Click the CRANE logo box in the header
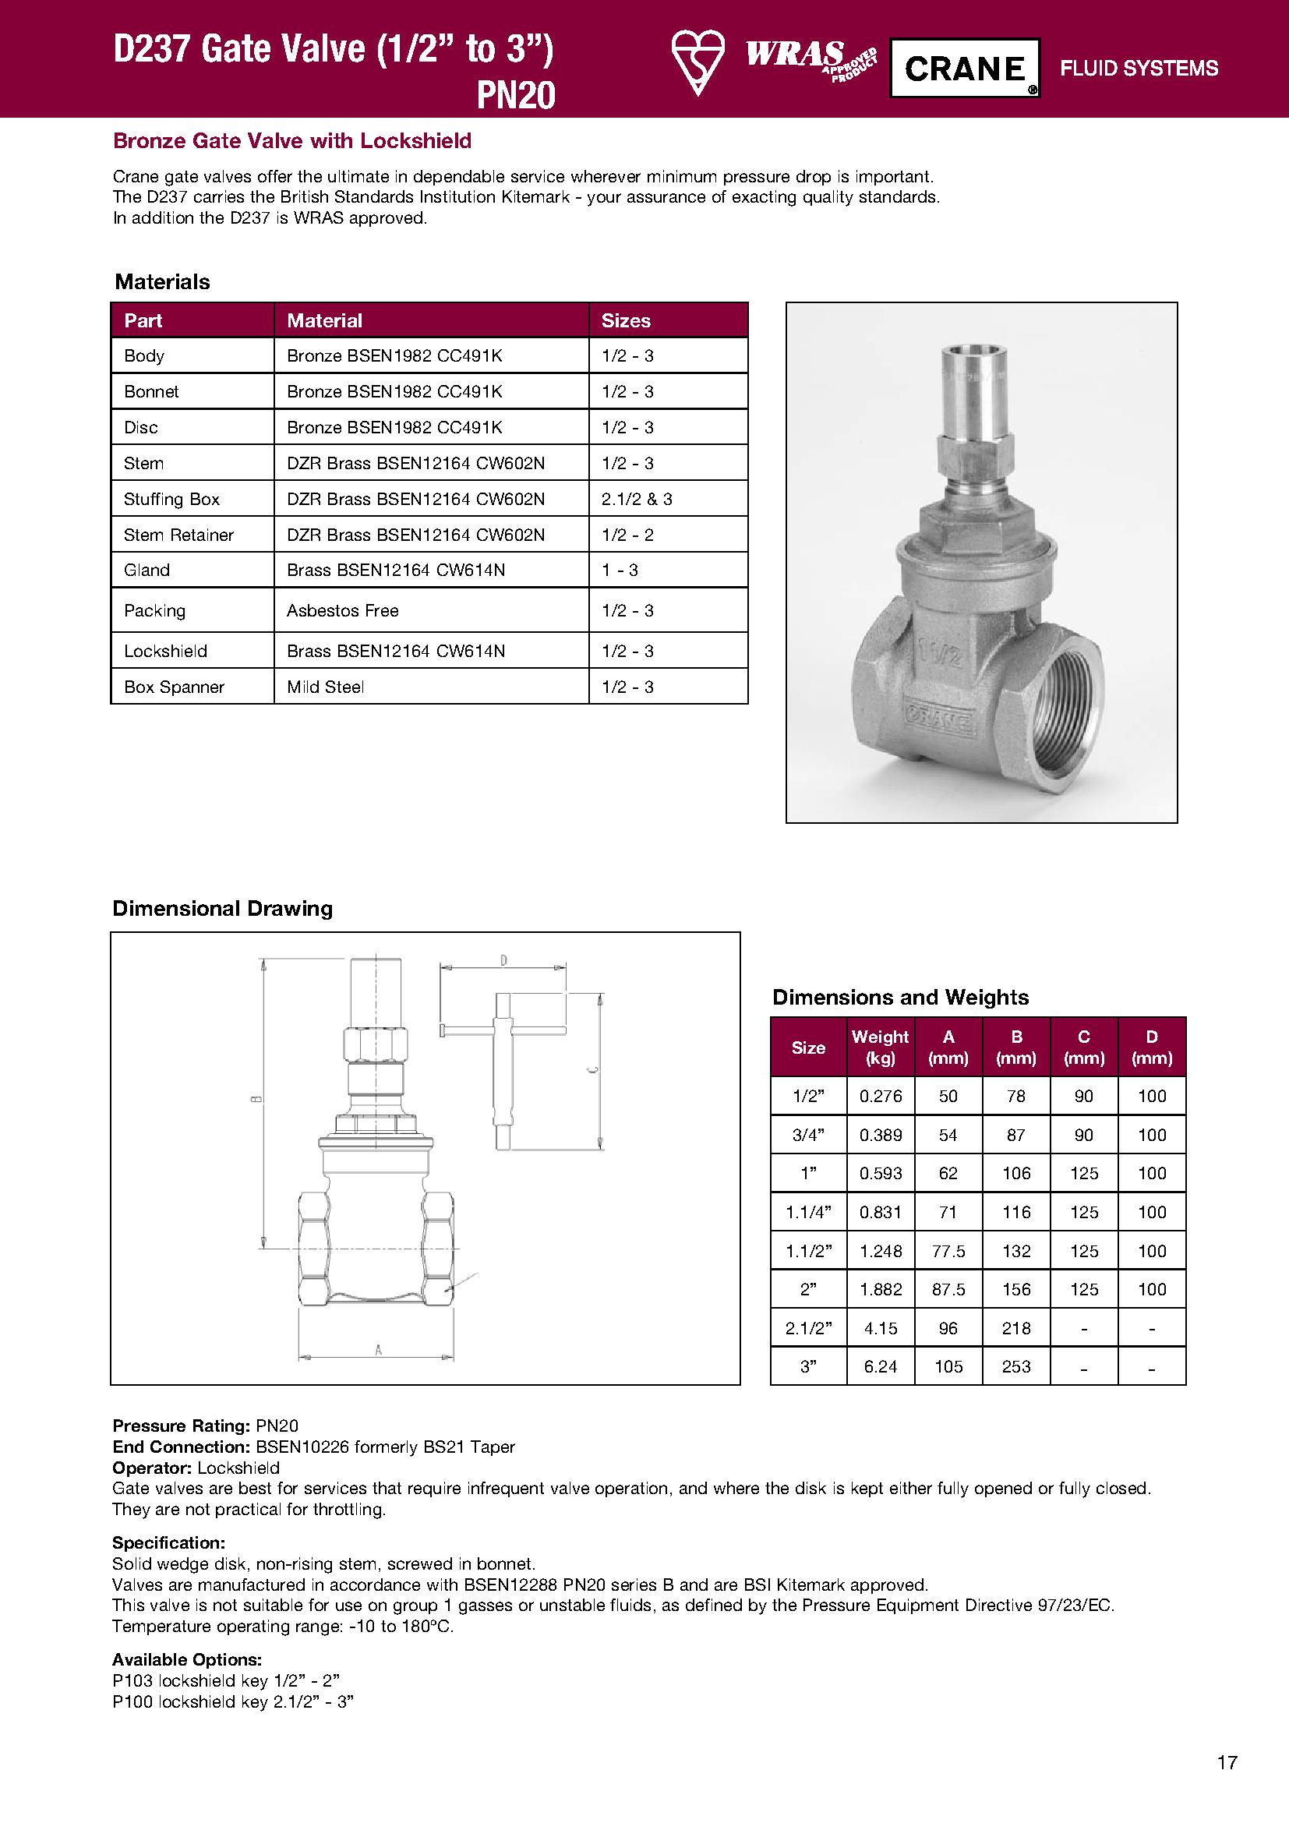click(x=964, y=69)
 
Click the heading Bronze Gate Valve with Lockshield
click(x=292, y=140)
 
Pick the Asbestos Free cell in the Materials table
click(x=342, y=610)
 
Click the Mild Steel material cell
click(x=326, y=687)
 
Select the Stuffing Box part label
click(x=171, y=499)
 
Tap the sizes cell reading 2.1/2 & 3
click(x=637, y=499)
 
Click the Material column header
click(x=324, y=321)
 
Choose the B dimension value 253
click(x=1016, y=1366)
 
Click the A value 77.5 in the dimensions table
click(x=948, y=1252)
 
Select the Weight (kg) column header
click(x=880, y=1048)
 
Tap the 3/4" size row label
click(x=808, y=1136)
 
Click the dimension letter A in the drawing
click(x=379, y=1349)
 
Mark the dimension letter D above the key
click(x=503, y=961)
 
